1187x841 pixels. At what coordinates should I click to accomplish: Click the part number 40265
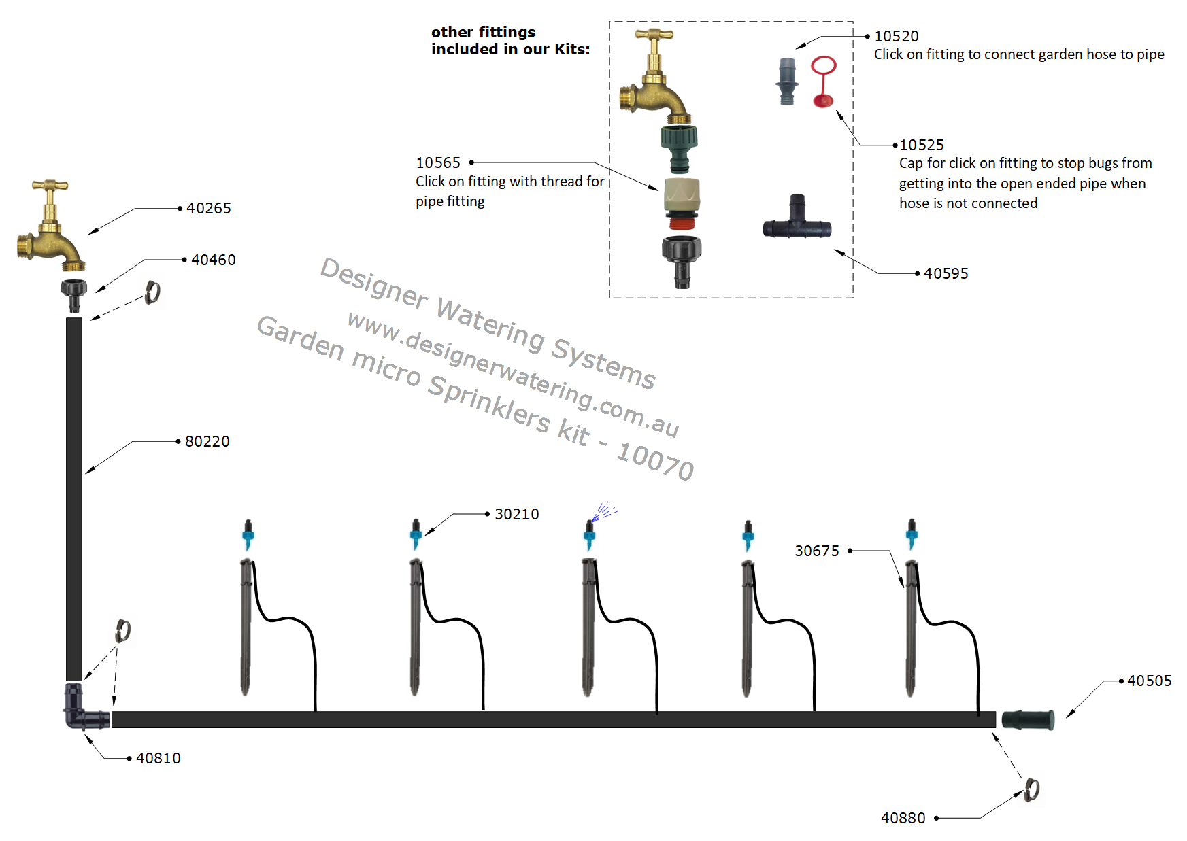209,209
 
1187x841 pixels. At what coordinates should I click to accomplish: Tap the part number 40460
214,260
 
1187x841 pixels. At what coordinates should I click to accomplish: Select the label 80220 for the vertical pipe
207,442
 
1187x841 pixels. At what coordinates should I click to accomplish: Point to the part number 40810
158,759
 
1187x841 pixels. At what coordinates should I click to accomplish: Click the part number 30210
517,515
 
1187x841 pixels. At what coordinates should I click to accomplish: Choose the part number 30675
817,551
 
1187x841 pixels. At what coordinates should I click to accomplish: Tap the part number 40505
1150,681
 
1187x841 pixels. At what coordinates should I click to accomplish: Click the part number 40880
903,819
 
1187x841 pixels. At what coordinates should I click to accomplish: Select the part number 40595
946,274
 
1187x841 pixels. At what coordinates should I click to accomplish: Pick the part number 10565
438,163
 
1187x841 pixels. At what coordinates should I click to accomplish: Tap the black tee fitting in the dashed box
797,221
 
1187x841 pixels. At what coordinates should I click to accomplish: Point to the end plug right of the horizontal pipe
1028,719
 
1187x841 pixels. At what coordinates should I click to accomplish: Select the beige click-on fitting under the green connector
682,197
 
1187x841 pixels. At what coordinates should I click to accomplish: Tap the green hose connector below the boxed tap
680,146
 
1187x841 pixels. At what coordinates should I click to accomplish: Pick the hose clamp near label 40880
1032,790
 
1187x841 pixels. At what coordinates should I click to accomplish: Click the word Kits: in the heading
572,50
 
